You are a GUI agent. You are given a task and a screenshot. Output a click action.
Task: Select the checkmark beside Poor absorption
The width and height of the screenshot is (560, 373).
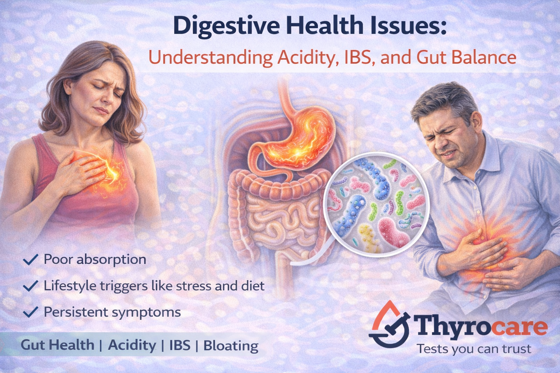(x=31, y=260)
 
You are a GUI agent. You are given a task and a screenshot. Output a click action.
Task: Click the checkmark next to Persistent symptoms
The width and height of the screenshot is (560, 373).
(x=31, y=312)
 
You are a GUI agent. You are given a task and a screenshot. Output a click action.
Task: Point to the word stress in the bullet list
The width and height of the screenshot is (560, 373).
(x=193, y=286)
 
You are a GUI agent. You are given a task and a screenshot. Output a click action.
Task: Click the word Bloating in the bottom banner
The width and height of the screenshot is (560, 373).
(x=231, y=345)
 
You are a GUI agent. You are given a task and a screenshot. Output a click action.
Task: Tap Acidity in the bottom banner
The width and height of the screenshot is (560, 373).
(x=132, y=345)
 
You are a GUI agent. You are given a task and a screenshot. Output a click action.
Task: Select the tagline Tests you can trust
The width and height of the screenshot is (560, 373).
(x=474, y=349)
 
